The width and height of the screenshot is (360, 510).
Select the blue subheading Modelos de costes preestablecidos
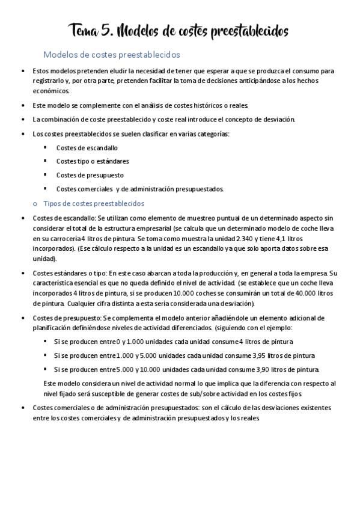(x=112, y=54)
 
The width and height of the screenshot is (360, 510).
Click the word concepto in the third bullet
(x=237, y=119)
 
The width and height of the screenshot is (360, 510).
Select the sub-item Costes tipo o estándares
(x=93, y=161)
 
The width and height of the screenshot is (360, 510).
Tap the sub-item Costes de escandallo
(x=87, y=147)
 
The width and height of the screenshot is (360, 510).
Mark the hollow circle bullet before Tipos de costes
(x=34, y=204)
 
